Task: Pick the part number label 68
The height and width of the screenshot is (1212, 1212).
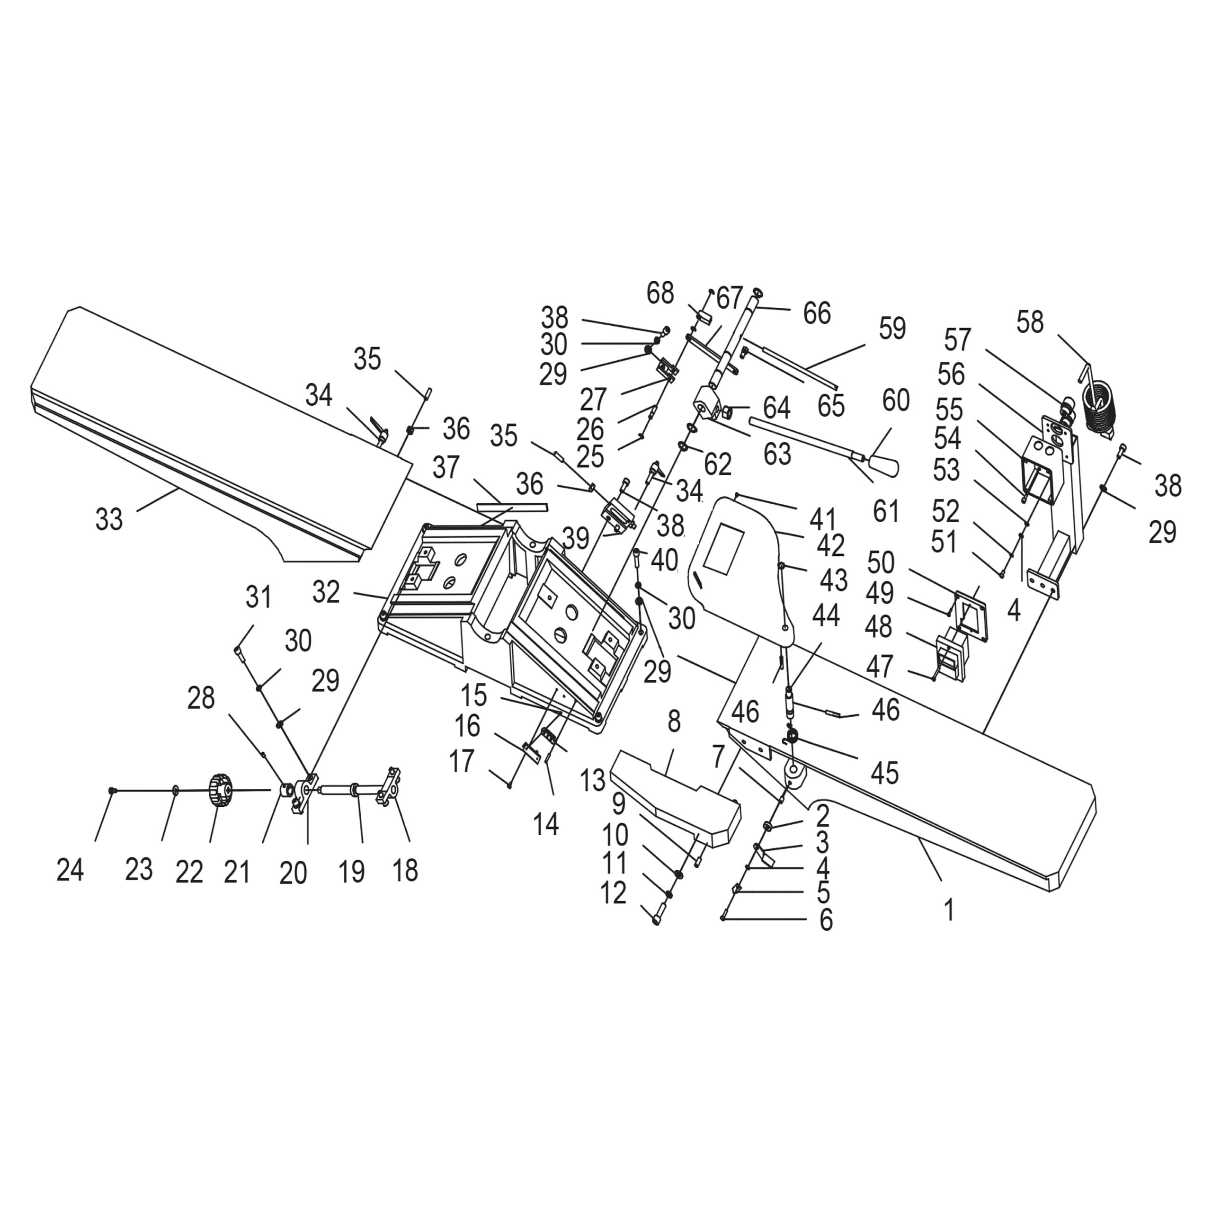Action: point(660,293)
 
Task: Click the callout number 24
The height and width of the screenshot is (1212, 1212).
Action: point(70,870)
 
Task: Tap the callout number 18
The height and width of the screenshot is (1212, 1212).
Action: point(405,870)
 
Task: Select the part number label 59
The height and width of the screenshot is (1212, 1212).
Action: point(892,328)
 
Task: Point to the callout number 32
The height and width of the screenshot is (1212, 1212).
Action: point(326,592)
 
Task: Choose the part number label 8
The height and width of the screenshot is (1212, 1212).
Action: point(674,722)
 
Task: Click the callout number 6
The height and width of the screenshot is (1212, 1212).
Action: point(826,920)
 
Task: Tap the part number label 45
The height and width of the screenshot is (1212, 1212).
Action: point(884,773)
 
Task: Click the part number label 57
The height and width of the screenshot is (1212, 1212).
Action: point(957,340)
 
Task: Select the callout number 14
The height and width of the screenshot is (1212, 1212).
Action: point(546,824)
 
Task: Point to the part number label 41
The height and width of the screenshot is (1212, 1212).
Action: point(822,519)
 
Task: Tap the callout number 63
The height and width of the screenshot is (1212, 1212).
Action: point(777,453)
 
